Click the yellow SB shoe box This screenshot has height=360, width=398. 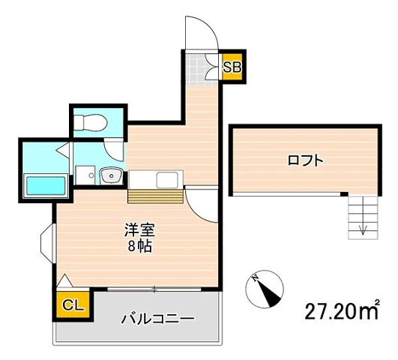pyautogui.click(x=232, y=67)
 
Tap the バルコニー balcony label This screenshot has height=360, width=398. pyautogui.click(x=158, y=318)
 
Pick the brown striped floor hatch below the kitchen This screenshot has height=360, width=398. pyautogui.click(x=155, y=196)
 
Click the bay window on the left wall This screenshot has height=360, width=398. pyautogui.click(x=46, y=241)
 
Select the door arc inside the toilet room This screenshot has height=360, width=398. pyautogui.click(x=113, y=147)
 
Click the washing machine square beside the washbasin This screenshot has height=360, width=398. pyautogui.click(x=84, y=174)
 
